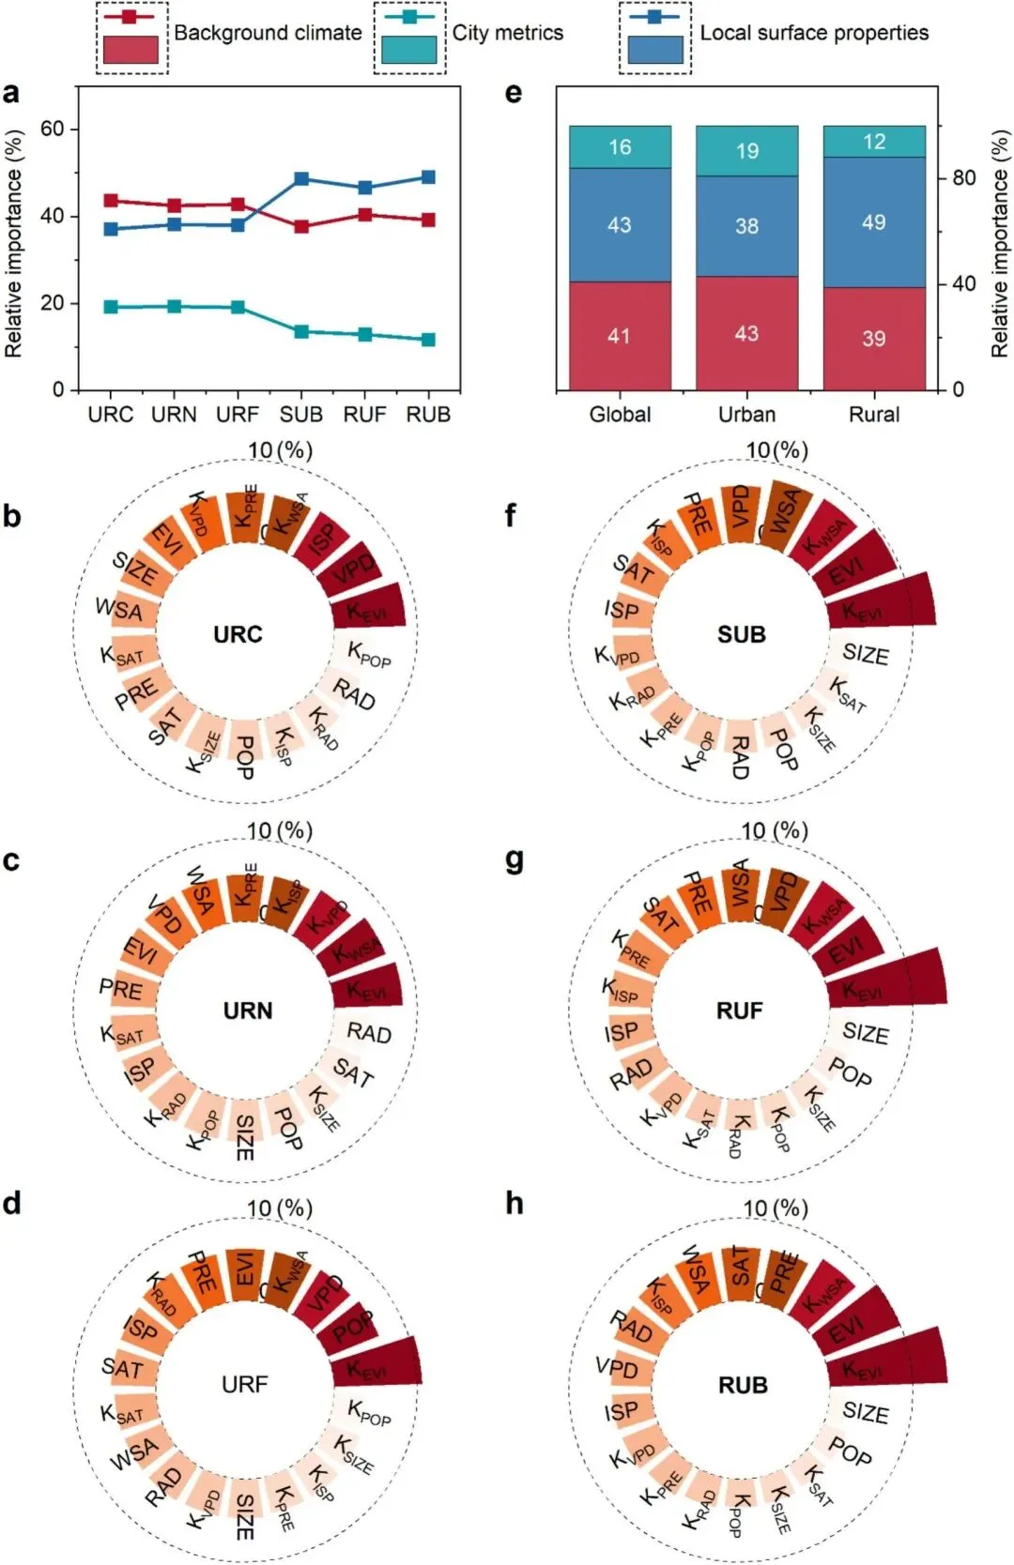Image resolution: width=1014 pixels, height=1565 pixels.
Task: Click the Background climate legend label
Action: pos(268,33)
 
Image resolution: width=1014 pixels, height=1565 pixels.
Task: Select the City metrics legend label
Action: pos(508,33)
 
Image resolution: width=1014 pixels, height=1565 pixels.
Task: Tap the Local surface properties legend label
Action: pos(814,33)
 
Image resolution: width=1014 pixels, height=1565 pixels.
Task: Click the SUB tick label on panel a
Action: pos(301,415)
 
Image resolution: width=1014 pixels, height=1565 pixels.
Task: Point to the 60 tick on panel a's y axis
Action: pos(53,129)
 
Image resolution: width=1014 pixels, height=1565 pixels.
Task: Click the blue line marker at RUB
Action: pos(428,177)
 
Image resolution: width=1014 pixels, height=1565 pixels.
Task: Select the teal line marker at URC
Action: pos(111,307)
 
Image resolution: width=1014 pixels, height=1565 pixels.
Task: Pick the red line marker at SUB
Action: pos(301,226)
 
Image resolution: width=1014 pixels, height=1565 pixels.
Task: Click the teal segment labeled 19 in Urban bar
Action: pos(746,151)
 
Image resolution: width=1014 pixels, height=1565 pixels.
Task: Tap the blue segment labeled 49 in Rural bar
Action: pos(874,222)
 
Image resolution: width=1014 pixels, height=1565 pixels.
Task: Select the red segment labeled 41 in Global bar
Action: pos(620,336)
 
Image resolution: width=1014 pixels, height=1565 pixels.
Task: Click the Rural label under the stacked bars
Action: pos(874,415)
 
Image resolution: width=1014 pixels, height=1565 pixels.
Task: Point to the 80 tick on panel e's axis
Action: pos(964,178)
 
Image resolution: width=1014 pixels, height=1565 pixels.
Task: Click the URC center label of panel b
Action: pos(238,634)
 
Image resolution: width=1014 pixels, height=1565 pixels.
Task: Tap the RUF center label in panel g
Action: pos(740,1010)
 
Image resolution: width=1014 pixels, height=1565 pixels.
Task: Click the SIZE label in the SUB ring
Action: pos(865,654)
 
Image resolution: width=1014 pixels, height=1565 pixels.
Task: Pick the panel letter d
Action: pos(11,1204)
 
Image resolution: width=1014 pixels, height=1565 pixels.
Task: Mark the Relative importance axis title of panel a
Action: pos(13,244)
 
